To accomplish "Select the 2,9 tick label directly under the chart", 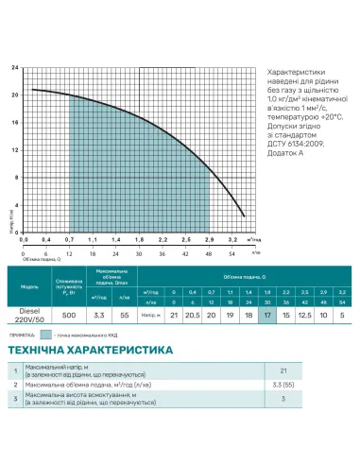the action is tap(208, 241).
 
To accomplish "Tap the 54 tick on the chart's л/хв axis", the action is tap(231, 254).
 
